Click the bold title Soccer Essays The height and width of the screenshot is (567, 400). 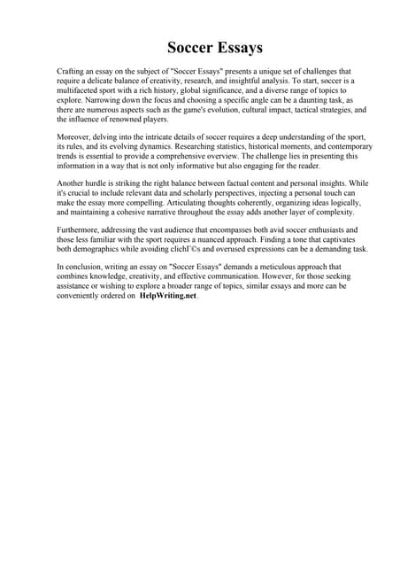pyautogui.click(x=216, y=48)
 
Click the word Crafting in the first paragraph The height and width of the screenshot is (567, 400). pyautogui.click(x=72, y=71)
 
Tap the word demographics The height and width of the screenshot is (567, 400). pyautogui.click(x=99, y=250)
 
